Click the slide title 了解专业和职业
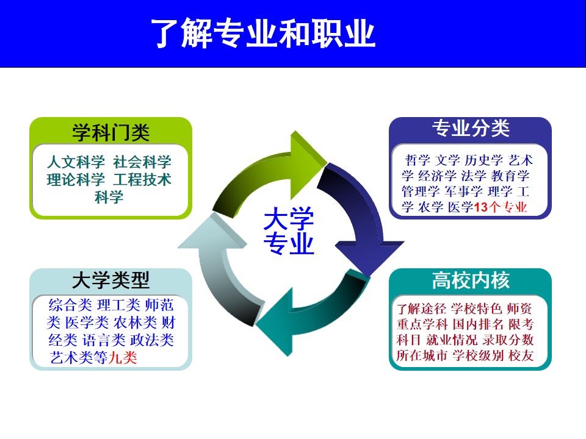tap(263, 34)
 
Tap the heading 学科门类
tap(111, 132)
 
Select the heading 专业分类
tap(471, 128)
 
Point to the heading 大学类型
tap(111, 280)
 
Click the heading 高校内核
tap(471, 280)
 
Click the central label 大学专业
tap(289, 230)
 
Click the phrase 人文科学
tap(76, 162)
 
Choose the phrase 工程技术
tap(142, 179)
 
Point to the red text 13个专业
tap(501, 207)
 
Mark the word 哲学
tap(418, 160)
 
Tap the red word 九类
tap(123, 358)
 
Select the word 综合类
tap(70, 305)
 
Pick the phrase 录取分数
tap(508, 340)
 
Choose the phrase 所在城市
tap(422, 355)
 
